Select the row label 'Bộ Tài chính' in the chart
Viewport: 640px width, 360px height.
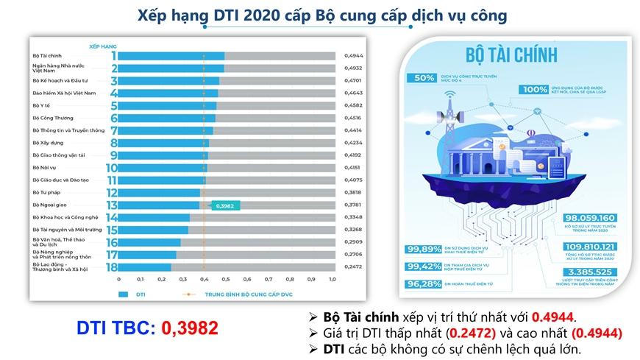coord(46,55)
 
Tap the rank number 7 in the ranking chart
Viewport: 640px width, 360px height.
coord(114,130)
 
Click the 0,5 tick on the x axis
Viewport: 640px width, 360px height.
coord(225,279)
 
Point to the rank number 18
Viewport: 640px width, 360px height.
coord(113,267)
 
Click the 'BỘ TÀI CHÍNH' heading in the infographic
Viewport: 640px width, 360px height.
coord(511,55)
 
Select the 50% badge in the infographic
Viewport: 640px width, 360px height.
coord(424,79)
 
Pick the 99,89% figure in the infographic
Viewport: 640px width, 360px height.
coord(422,249)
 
